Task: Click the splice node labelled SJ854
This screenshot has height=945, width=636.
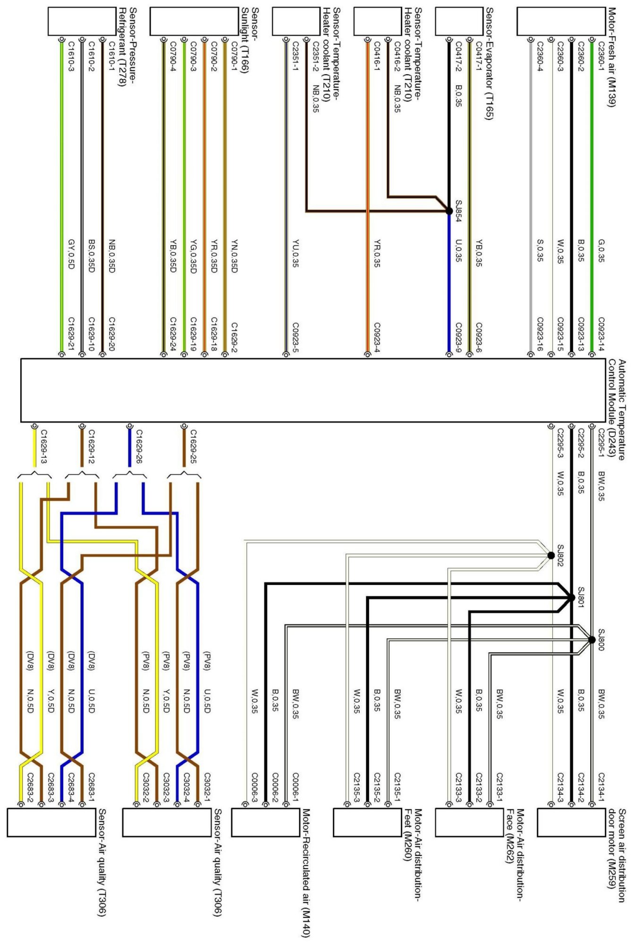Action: tap(449, 211)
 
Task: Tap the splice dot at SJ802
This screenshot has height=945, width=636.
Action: tap(551, 555)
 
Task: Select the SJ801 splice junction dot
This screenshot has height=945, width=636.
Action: tap(571, 598)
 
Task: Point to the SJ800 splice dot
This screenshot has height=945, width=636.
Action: tap(592, 640)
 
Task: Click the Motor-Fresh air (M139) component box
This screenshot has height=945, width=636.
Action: tap(560, 21)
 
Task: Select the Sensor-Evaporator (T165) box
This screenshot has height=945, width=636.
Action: tap(458, 21)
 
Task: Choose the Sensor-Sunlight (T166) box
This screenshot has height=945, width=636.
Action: tap(194, 21)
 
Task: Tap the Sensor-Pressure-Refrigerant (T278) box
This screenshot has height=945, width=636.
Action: tap(82, 21)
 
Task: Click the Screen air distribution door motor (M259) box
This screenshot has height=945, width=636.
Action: tap(571, 822)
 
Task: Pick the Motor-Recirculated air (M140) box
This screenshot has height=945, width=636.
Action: tap(265, 822)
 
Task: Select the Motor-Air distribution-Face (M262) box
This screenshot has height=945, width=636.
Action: tap(469, 822)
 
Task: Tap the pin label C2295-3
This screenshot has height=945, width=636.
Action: tap(560, 443)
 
